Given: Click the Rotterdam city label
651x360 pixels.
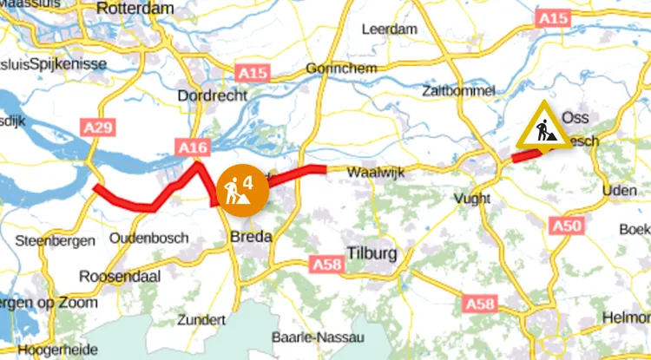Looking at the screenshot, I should click(137, 8).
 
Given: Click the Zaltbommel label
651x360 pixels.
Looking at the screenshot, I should click(458, 90).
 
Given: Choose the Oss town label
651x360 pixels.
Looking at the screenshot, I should click(575, 117).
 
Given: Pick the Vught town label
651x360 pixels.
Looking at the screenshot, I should click(472, 200).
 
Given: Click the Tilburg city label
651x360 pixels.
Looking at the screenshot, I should click(372, 254).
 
